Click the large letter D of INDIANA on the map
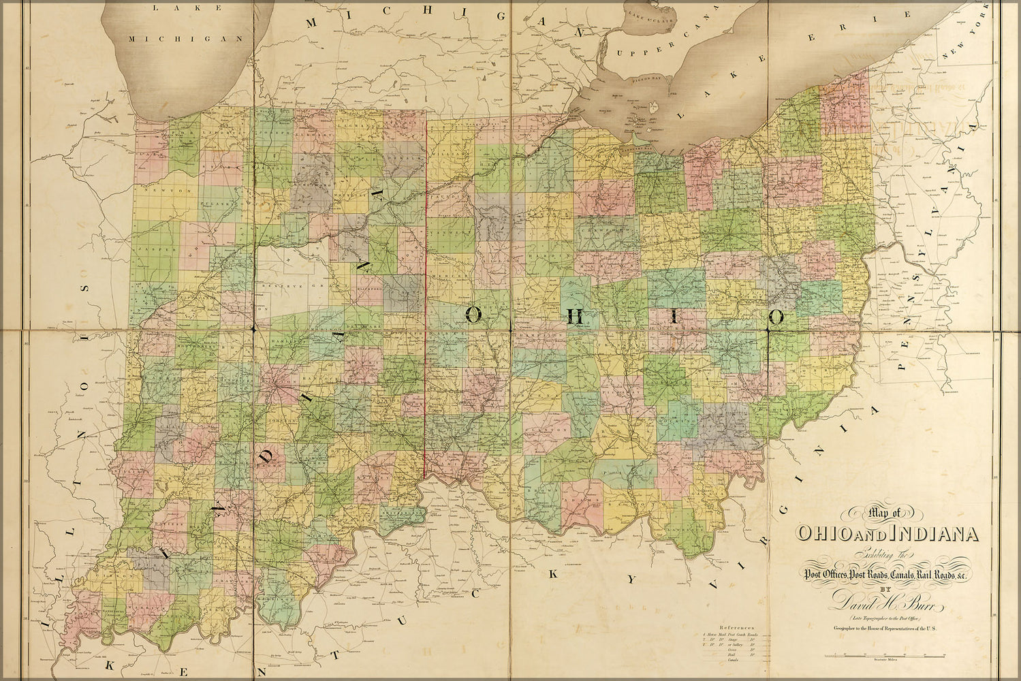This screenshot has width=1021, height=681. tap(268, 456)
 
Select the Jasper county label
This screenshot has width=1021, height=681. tap(148, 251)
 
